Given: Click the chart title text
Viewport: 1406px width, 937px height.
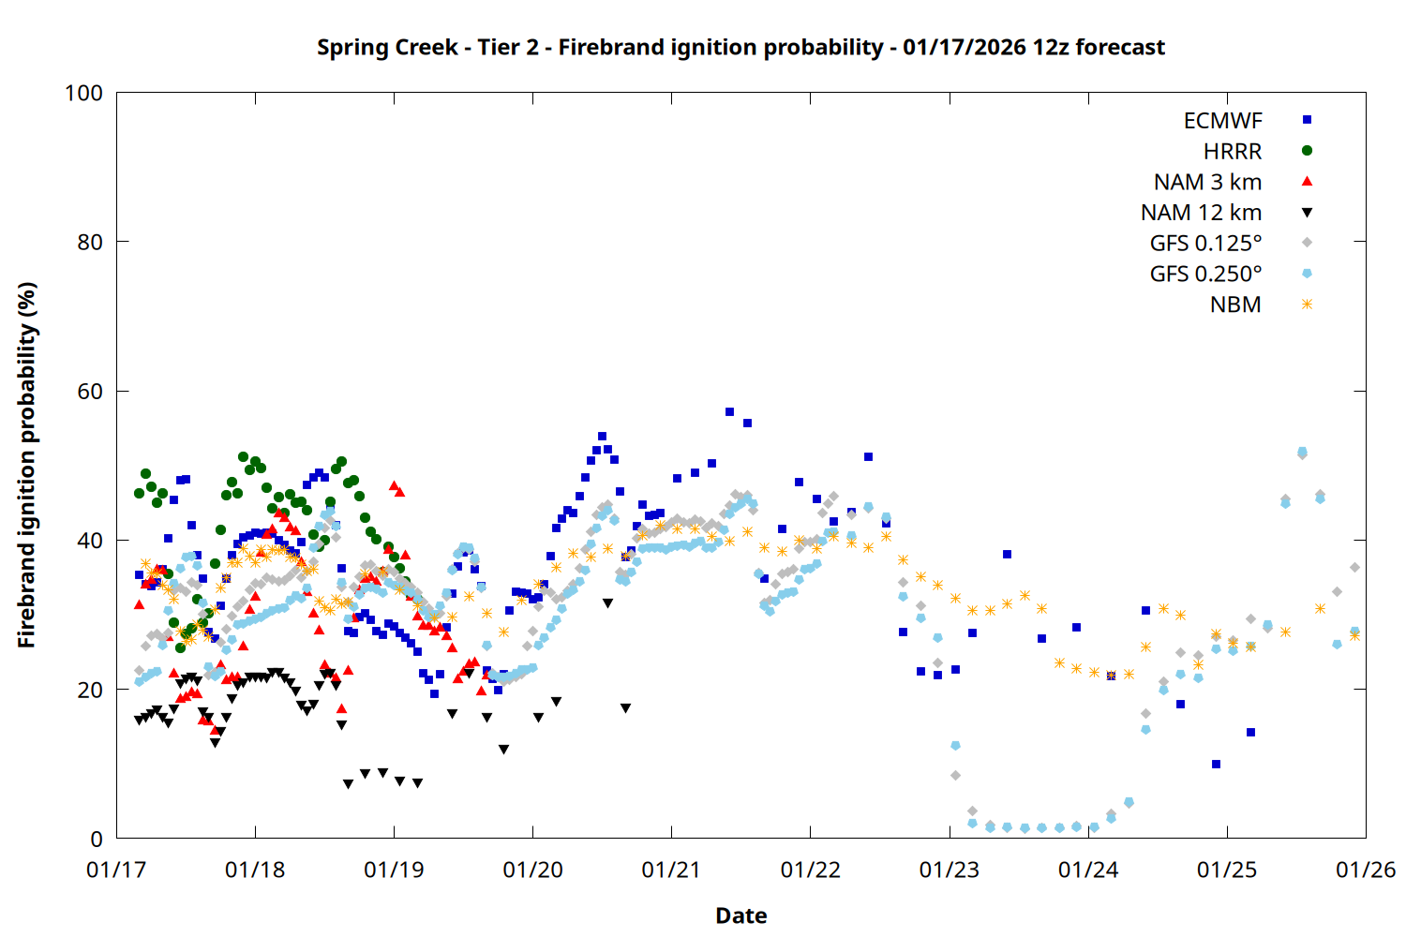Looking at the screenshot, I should click(740, 47).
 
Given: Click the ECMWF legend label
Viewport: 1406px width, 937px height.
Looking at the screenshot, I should click(1222, 120).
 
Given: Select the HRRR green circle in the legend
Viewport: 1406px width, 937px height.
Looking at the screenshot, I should click(1307, 151).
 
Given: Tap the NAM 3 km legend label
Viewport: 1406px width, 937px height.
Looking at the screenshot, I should click(1207, 182).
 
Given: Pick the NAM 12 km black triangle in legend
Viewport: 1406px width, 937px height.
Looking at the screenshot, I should click(1307, 213).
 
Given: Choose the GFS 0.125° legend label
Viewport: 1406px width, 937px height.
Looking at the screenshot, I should click(1205, 244).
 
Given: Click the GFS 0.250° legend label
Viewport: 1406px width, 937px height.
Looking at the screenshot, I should click(1205, 274).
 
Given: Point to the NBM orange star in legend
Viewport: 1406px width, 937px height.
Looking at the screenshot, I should click(1307, 305).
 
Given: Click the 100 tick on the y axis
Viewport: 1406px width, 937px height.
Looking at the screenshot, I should click(83, 93).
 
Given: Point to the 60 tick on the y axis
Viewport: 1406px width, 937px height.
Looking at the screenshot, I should click(90, 391).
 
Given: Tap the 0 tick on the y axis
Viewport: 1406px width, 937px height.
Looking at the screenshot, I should click(97, 839).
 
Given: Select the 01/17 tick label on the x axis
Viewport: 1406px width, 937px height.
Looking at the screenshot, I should click(116, 870).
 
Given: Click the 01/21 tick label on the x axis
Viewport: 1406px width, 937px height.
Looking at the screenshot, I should click(671, 870).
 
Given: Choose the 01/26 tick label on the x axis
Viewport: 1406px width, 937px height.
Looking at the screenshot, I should click(1366, 870).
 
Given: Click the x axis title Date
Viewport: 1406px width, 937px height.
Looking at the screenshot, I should click(740, 915).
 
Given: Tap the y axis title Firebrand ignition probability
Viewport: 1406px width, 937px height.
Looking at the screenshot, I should click(27, 465).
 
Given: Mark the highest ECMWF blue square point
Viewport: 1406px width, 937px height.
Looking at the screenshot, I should click(729, 411).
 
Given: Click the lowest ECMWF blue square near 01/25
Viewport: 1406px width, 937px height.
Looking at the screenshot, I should click(1216, 764).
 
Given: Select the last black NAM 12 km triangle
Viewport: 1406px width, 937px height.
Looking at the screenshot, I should click(625, 708).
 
